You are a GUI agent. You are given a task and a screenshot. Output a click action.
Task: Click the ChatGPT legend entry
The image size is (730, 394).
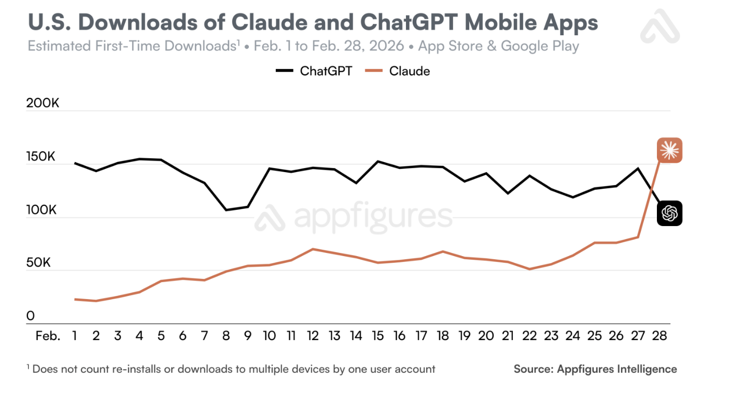pyautogui.click(x=314, y=71)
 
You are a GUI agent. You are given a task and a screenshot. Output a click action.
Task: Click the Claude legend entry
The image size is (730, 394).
pyautogui.click(x=397, y=71)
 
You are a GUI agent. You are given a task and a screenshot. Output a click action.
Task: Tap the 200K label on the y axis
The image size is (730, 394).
pyautogui.click(x=43, y=103)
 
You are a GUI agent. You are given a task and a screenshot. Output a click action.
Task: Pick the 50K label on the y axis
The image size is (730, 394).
pyautogui.click(x=39, y=263)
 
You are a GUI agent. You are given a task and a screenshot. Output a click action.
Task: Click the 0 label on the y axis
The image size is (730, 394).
pyautogui.click(x=30, y=316)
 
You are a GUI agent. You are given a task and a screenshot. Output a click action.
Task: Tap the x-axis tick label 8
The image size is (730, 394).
pyautogui.click(x=226, y=336)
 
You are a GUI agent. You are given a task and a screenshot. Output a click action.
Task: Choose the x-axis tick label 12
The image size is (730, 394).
pyautogui.click(x=313, y=336)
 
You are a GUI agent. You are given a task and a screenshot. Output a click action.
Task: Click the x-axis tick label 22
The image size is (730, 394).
pyautogui.click(x=529, y=336)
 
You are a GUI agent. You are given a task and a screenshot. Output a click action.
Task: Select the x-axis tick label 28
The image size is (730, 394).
pyautogui.click(x=659, y=336)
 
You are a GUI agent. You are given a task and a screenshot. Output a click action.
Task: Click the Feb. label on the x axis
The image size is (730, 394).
pyautogui.click(x=48, y=336)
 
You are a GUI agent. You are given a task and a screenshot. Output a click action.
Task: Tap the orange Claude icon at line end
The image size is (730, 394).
pyautogui.click(x=669, y=151)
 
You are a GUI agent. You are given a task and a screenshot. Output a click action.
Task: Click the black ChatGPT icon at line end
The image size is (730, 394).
pyautogui.click(x=669, y=213)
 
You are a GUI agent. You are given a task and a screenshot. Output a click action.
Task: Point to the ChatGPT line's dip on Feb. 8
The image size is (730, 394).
pyautogui.click(x=226, y=210)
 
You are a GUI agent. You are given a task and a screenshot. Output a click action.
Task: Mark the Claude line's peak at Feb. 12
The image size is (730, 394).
pyautogui.click(x=313, y=249)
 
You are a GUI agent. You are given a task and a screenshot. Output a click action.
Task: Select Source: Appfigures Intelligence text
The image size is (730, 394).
pyautogui.click(x=595, y=369)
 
